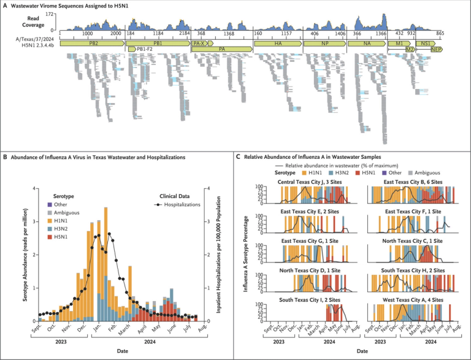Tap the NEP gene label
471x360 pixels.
436,50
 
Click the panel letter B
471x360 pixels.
6,157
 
